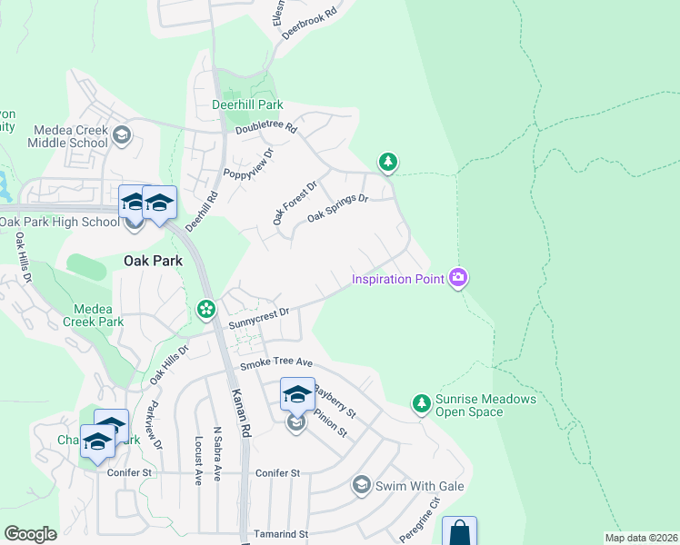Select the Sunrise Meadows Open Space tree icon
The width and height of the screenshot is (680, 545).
coord(421,401)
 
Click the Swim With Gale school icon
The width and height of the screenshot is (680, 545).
coord(362,486)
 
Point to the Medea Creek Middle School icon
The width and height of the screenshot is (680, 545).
coord(121,137)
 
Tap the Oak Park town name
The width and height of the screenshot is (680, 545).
coord(153,261)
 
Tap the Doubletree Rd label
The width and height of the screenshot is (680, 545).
coord(266,129)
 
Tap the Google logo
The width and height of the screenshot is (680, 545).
coord(31,534)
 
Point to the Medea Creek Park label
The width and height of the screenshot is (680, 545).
coord(93,315)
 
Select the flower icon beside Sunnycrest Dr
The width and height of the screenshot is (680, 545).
coord(206,310)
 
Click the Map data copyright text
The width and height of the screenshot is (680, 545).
coord(641,538)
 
